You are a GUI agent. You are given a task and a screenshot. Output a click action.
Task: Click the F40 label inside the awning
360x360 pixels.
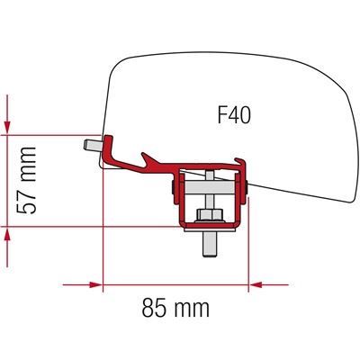pos(234,115)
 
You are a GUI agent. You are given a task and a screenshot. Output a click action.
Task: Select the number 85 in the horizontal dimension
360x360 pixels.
pos(154,308)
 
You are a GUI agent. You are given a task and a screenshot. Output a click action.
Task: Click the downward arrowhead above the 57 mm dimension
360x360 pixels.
pos(7,128)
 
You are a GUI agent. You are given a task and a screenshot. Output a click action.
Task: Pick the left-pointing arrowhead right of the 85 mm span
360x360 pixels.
pos(256,284)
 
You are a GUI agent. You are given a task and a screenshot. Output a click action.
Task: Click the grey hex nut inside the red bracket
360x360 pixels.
pos(210,214)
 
